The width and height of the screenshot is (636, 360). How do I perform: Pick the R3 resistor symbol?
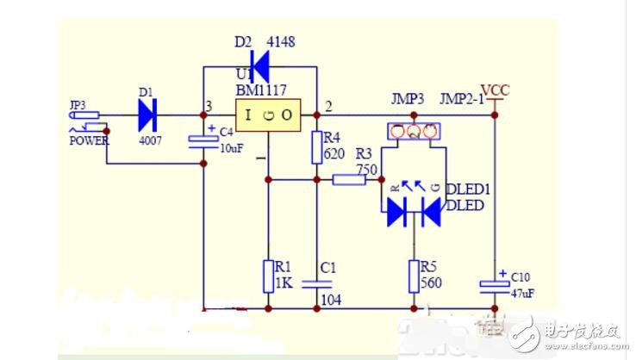click(x=349, y=180)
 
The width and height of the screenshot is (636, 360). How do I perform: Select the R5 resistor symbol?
click(x=415, y=276)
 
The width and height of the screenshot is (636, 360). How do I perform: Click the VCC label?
click(x=496, y=90)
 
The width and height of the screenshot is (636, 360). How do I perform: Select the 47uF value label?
click(x=523, y=294)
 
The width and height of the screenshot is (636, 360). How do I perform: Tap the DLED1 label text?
click(x=465, y=189)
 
